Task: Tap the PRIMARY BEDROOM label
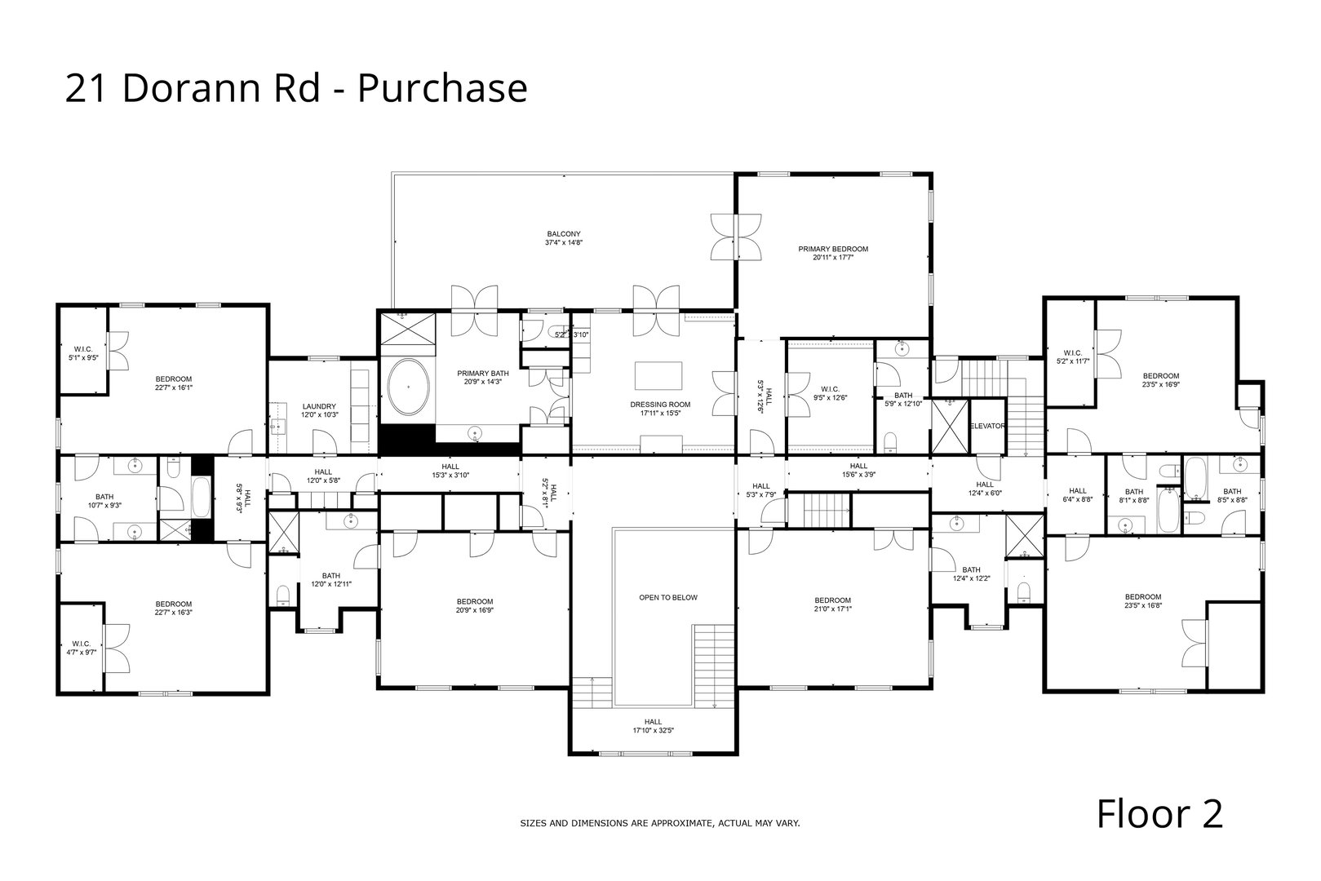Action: click(833, 249)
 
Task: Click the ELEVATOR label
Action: click(987, 427)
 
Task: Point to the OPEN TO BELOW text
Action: click(667, 598)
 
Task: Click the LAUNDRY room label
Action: click(319, 406)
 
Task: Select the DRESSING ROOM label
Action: click(660, 405)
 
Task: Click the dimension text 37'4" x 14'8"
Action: click(564, 243)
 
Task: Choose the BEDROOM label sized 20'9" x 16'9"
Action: click(475, 601)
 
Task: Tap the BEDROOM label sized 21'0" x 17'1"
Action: click(832, 600)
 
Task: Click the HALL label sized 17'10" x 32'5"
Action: click(653, 721)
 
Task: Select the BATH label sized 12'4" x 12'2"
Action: click(971, 570)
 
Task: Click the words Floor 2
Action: click(1159, 814)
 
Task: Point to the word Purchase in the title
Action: click(443, 88)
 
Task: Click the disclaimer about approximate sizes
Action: click(660, 824)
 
